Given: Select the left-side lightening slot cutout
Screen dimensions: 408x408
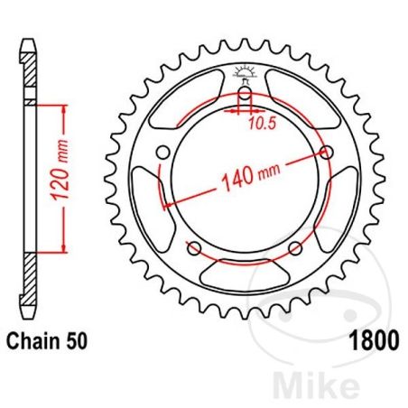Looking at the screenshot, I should tap(144, 203).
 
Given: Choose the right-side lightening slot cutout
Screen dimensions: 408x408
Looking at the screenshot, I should tap(344, 203).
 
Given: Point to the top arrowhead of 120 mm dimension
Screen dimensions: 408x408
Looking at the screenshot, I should tap(63, 107).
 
